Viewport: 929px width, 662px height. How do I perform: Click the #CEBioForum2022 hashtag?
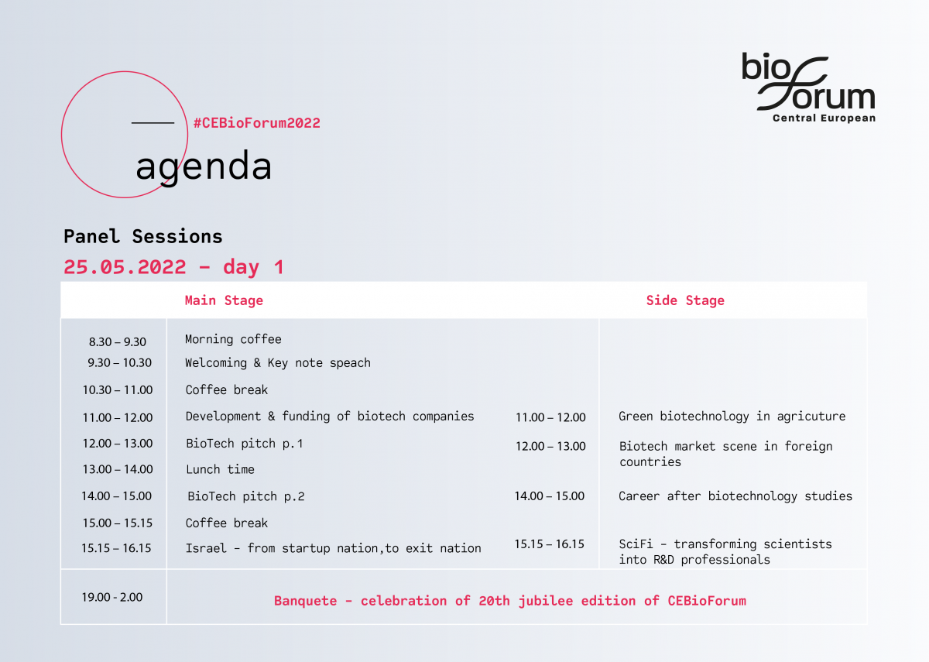coord(257,123)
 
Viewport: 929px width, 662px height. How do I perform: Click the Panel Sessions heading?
coord(143,236)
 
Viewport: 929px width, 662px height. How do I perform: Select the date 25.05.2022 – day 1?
coord(173,266)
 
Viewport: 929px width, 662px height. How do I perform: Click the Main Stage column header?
coord(224,300)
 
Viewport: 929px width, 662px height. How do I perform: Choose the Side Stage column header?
coord(685,300)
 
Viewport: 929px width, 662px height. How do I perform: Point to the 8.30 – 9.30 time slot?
coord(118,341)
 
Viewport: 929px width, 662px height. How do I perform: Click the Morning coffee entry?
coord(233,339)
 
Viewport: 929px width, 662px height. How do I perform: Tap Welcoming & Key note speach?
coord(278,363)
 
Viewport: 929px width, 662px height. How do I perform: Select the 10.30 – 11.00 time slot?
coord(118,390)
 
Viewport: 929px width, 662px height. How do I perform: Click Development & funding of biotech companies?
coord(330,416)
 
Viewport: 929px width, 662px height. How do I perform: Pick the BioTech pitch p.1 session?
coord(245,444)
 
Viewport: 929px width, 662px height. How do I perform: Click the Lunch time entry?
coord(220,469)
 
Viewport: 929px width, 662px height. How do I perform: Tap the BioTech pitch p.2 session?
coord(246,496)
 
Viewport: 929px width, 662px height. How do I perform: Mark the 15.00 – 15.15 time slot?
coord(118,523)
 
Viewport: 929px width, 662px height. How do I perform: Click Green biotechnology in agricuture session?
coord(732,417)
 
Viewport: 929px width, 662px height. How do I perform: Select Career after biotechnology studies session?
coord(735,496)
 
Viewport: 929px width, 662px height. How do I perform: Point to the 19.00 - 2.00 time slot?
coord(112,597)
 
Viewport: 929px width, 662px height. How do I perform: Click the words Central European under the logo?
coord(824,118)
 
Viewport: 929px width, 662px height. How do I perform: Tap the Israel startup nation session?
coord(334,548)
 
